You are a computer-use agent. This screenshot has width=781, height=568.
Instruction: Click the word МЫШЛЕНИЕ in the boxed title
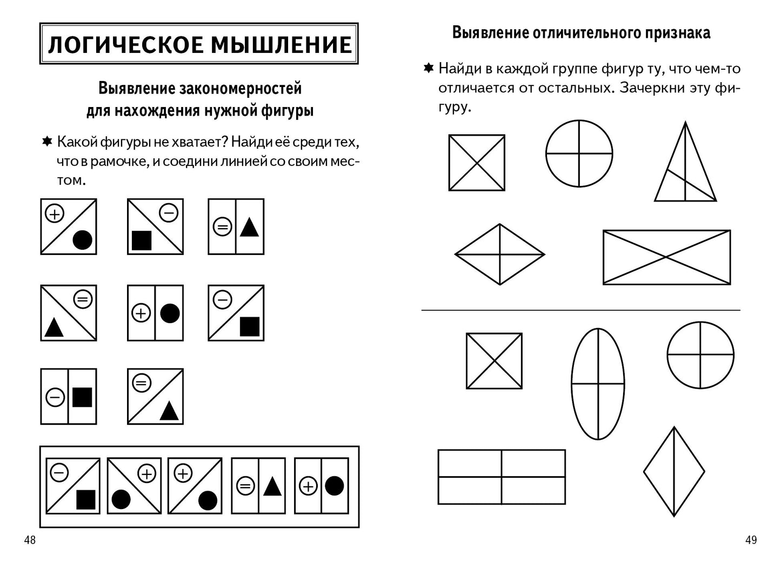point(281,44)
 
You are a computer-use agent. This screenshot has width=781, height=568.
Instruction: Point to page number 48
point(30,539)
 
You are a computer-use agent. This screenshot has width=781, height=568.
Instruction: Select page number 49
point(751,539)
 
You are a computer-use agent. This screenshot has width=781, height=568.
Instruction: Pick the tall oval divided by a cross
point(598,384)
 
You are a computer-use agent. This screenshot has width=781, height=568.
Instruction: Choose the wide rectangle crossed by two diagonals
point(666,257)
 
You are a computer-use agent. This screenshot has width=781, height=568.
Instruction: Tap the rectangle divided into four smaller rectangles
point(502,477)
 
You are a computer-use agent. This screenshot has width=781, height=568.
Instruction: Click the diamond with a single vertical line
point(674,472)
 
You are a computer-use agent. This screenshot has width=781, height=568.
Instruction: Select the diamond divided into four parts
point(500,254)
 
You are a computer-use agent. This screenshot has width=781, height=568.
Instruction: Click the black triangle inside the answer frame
point(272,487)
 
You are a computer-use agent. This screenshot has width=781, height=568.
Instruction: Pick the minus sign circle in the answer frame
point(59,473)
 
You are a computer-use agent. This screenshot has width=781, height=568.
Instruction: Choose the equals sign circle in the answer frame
point(245,486)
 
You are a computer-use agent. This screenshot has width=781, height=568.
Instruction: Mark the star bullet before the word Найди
point(428,68)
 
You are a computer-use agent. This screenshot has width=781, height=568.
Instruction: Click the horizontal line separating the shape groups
point(580,310)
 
